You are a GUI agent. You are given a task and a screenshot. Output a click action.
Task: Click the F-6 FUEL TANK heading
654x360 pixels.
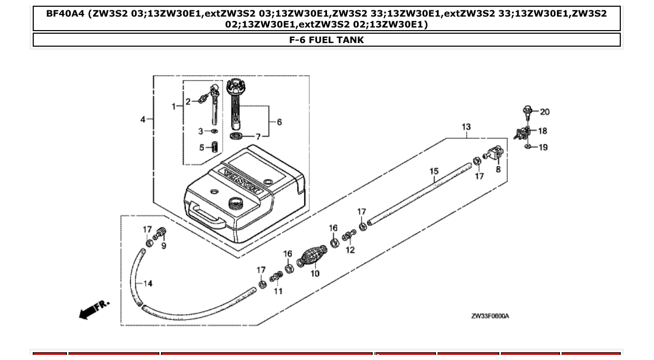(326, 40)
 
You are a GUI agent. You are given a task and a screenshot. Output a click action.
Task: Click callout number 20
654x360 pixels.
(544, 112)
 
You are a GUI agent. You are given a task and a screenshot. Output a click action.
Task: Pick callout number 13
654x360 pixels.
(466, 127)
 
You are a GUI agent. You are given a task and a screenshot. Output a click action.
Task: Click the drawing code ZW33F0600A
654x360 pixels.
(489, 316)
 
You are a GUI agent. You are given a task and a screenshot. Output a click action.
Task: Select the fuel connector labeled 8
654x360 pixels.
(495, 154)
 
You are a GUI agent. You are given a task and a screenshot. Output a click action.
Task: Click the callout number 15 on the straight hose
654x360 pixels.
(434, 171)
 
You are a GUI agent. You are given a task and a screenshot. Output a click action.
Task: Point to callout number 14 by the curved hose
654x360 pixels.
(148, 283)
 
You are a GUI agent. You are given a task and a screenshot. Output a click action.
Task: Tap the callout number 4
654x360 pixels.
(143, 119)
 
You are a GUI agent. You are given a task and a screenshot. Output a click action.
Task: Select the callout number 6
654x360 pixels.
(279, 122)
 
